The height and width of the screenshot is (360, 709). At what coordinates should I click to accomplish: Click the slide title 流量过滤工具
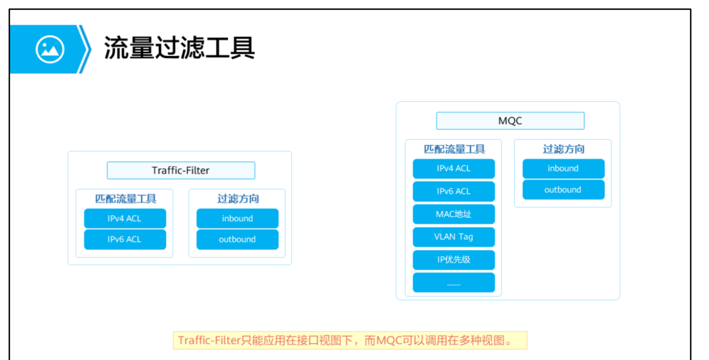179,49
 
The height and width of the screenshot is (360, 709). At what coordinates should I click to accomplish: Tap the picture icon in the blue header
50,49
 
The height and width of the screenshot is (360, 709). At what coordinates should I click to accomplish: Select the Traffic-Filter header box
180,170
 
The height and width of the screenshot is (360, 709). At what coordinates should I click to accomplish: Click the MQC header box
510,121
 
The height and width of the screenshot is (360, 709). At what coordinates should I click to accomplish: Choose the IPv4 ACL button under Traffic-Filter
124,218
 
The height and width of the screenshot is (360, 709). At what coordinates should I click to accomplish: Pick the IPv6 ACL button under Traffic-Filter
124,239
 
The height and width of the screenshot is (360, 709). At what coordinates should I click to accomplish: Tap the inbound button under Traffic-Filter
237,218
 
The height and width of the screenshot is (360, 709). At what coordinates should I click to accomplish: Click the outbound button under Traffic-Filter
237,239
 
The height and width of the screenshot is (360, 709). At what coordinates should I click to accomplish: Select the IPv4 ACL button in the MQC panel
454,169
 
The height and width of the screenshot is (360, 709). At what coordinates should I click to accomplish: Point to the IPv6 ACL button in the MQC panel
454,191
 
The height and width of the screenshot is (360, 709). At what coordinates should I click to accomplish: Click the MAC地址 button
454,214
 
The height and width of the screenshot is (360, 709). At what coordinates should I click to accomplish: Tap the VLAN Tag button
454,237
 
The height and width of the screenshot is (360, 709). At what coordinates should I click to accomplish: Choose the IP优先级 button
454,259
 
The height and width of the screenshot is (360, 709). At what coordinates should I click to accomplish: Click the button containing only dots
454,282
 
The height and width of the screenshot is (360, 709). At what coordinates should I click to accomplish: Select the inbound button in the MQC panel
563,169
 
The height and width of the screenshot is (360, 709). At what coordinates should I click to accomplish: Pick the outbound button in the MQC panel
563,190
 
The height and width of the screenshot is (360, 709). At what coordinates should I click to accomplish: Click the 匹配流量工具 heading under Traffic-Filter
126,199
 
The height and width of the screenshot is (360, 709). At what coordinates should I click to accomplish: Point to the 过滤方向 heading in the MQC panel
564,149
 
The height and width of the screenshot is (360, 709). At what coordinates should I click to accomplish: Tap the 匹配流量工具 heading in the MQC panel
454,149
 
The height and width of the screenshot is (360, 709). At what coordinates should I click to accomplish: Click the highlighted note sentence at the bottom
350,341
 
